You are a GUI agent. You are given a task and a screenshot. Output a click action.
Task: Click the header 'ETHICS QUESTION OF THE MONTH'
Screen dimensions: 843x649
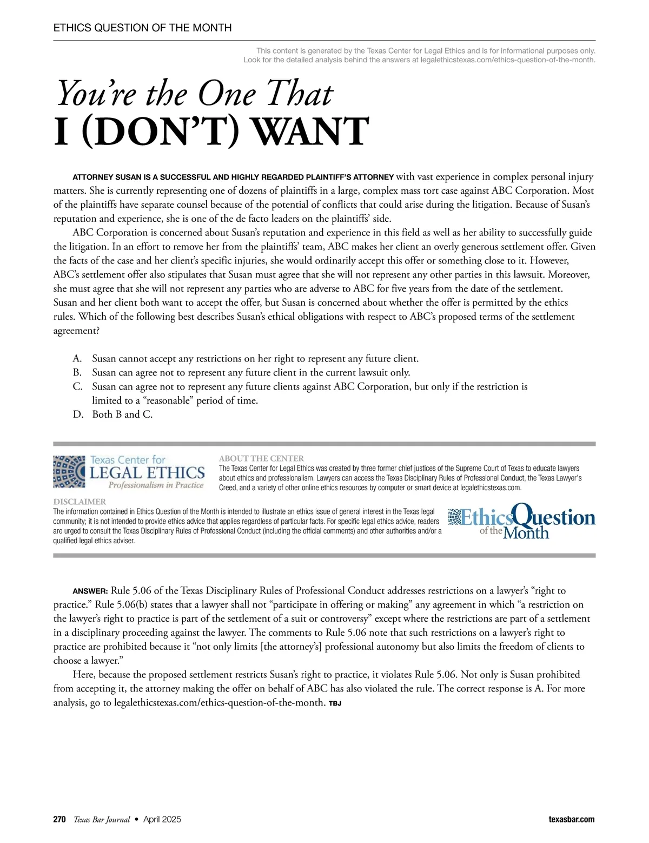(x=142, y=28)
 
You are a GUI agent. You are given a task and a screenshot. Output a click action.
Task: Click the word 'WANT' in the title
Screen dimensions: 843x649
(x=312, y=131)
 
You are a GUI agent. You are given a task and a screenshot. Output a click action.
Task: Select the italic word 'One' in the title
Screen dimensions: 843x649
(x=227, y=94)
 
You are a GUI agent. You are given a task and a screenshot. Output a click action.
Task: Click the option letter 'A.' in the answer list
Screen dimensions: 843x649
(x=77, y=359)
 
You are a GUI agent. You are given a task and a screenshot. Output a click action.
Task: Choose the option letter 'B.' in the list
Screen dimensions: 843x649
(x=77, y=373)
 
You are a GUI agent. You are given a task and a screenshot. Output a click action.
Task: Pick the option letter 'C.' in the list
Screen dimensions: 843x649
(x=77, y=387)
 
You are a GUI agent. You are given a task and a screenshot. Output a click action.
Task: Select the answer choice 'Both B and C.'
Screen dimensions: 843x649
(x=122, y=414)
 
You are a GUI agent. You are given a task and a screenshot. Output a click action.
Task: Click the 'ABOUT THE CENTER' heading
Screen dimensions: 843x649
(x=261, y=458)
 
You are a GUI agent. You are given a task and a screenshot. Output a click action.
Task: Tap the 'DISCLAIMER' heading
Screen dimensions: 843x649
(x=80, y=502)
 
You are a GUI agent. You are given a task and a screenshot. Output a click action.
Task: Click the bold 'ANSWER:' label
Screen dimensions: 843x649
(x=90, y=591)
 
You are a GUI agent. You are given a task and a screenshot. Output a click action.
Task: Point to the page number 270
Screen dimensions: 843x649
(x=59, y=819)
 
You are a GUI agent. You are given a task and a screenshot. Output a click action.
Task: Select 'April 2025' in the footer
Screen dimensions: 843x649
(x=162, y=819)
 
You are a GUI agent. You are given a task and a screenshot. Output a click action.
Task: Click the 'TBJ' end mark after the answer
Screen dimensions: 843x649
(x=335, y=703)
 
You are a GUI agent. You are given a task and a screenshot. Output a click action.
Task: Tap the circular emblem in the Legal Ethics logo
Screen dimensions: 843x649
(x=69, y=472)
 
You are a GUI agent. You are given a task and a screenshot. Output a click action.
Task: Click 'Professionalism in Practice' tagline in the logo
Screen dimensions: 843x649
(x=156, y=485)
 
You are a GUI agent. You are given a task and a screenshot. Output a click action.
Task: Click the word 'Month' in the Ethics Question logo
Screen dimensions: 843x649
(x=526, y=532)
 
